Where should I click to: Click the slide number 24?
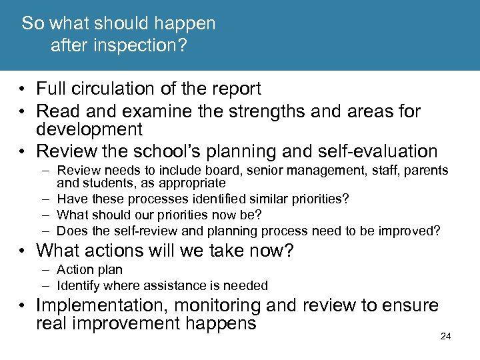coord(446,337)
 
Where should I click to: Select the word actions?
coord(119,251)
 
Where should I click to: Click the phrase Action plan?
coord(89,270)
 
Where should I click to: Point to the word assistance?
coord(168,286)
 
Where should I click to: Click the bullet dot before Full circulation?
coord(23,89)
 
